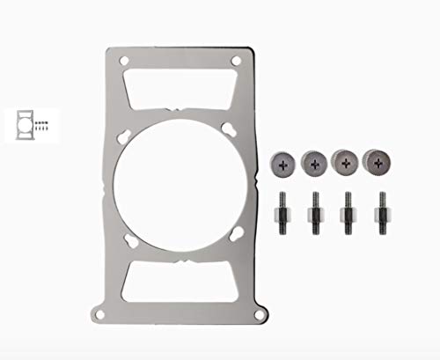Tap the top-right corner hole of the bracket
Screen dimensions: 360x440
point(237,60)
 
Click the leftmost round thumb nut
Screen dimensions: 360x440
point(285,162)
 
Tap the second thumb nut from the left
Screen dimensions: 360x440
point(315,162)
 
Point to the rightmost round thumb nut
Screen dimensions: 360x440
point(378,161)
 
